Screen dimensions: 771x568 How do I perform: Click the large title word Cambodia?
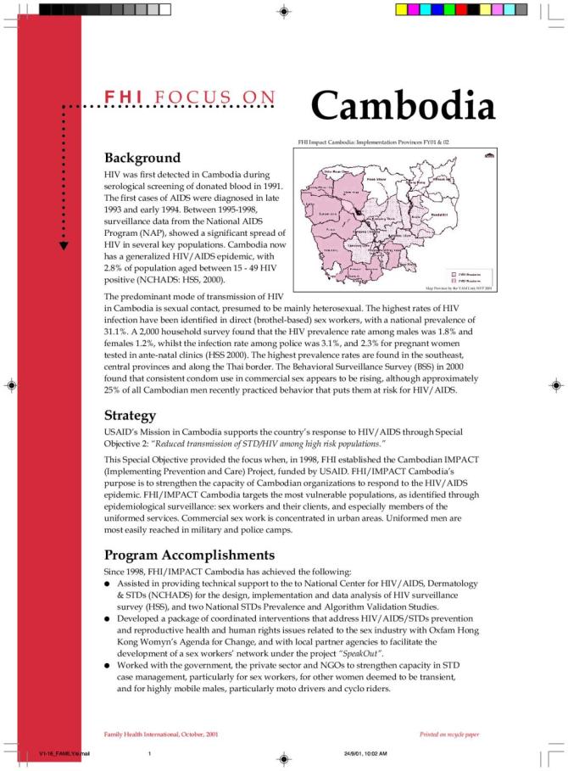coord(403,107)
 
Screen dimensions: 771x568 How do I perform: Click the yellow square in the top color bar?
coord(402,10)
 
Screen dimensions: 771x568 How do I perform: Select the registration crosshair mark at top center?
coord(284,12)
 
